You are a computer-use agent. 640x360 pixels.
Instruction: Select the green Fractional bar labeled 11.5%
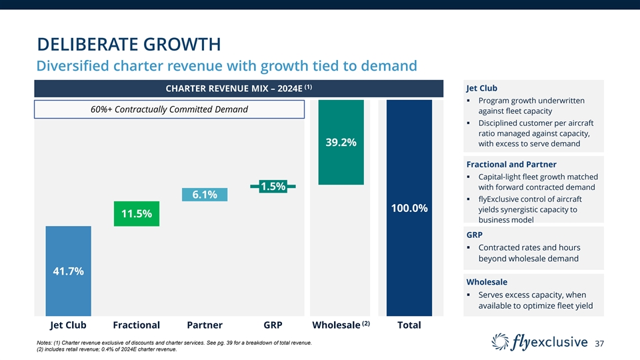136,213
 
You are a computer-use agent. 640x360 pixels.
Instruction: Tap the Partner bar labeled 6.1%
205,194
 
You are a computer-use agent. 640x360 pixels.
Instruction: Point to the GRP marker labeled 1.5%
273,187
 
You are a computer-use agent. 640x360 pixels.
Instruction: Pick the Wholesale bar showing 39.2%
341,142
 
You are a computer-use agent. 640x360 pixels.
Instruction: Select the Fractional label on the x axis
137,325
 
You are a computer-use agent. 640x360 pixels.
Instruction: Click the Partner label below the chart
205,325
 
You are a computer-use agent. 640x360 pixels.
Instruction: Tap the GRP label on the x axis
273,325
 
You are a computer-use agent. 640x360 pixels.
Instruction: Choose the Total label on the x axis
409,325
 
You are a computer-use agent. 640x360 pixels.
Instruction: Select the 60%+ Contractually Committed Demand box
169,109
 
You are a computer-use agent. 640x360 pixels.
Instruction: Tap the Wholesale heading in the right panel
487,282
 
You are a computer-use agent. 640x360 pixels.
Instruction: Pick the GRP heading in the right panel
475,235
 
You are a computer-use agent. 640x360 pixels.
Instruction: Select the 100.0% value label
409,209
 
